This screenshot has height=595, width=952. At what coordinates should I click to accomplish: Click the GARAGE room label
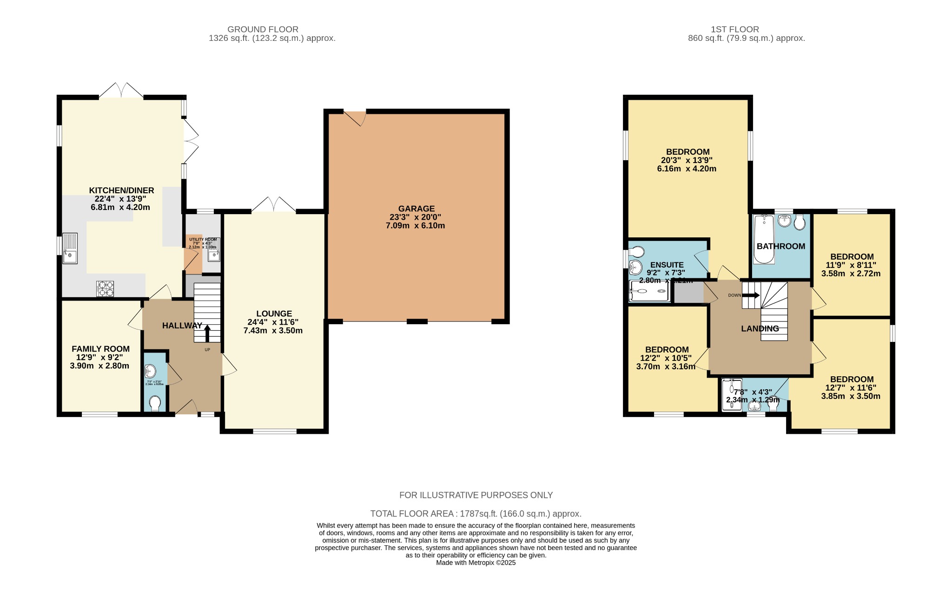point(416,209)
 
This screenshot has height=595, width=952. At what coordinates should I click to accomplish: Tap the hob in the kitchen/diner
point(105,288)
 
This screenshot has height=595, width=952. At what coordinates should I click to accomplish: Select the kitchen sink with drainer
point(70,248)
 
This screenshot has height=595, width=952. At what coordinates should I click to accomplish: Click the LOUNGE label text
point(274,314)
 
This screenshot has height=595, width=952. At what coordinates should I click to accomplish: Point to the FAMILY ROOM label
point(100,349)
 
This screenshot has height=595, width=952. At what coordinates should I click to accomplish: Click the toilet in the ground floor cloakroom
point(155,403)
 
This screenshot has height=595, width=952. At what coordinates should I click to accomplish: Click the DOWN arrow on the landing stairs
point(751,295)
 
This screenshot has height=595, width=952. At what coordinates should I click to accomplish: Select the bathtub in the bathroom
point(764,239)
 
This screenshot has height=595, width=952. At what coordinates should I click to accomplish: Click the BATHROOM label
point(780,246)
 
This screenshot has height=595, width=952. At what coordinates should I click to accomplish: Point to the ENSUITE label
point(667,265)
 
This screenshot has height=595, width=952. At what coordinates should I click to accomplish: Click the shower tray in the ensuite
point(649,291)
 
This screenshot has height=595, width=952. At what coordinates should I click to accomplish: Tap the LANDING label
point(760,328)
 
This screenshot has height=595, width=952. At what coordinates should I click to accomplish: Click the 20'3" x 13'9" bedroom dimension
point(687,160)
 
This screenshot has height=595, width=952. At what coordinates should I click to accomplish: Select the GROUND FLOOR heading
point(263,29)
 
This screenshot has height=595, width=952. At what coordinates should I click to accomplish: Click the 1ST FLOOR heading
point(734,29)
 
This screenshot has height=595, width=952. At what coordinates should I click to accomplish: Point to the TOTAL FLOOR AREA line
point(476,514)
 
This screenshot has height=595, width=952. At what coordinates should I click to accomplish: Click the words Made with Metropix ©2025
point(476,562)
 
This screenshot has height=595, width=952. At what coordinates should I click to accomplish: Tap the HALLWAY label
point(182,326)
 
